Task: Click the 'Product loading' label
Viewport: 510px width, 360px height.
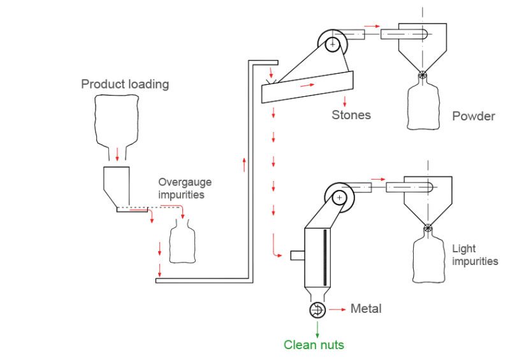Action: [125, 84]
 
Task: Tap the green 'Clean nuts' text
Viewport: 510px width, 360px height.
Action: [314, 345]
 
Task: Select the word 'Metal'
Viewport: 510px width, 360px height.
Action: [366, 309]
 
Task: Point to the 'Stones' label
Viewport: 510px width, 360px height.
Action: [351, 115]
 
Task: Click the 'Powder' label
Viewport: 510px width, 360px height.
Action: [473, 117]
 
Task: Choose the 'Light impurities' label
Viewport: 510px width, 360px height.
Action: [474, 255]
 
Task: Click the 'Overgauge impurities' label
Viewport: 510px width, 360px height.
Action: [186, 188]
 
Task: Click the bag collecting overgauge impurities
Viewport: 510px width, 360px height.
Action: [181, 242]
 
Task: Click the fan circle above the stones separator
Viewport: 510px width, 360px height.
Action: [332, 44]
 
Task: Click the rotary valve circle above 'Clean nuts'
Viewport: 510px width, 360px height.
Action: [317, 310]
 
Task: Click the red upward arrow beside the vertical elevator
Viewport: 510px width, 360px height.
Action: [244, 164]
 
